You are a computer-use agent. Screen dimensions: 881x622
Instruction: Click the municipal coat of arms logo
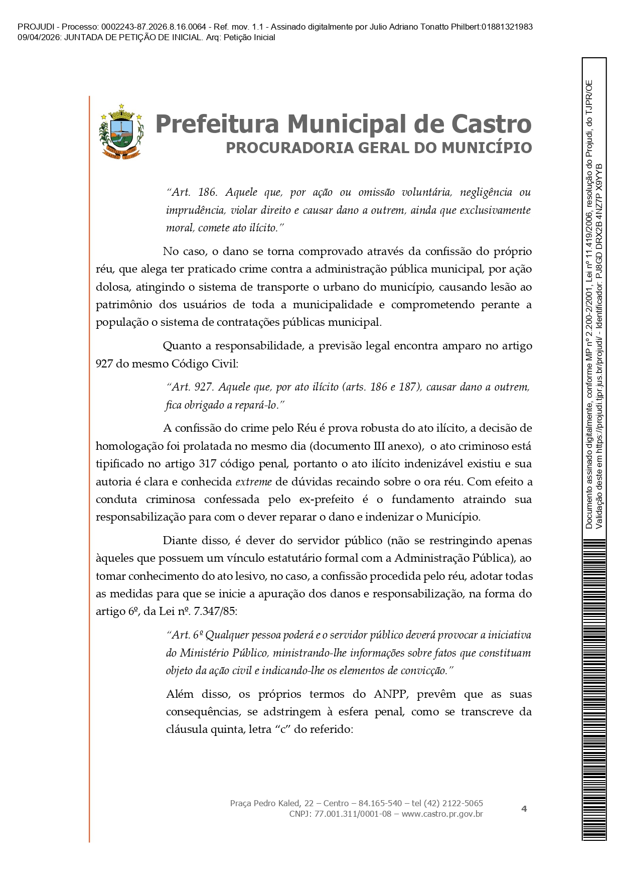(x=121, y=132)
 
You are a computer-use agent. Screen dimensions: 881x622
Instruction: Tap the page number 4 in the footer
(x=524, y=809)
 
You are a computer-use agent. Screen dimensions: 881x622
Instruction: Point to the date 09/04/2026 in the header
(x=39, y=38)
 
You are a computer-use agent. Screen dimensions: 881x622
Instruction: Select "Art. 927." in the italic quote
(x=191, y=387)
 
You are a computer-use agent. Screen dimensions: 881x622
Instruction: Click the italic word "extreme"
(x=254, y=482)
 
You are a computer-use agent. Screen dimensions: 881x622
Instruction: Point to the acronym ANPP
(x=390, y=694)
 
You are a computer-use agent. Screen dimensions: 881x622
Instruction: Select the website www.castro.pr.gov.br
(x=442, y=814)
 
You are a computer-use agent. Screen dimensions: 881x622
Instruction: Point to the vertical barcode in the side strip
(x=594, y=688)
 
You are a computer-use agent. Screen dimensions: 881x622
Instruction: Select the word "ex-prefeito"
(x=327, y=499)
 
